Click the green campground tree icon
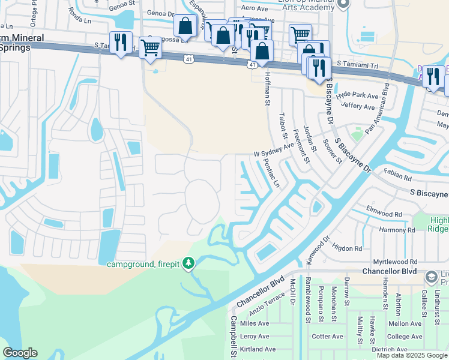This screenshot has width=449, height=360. pos(188,263)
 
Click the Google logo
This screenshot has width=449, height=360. pos(20,353)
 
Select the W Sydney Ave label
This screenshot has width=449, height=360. pos(274,149)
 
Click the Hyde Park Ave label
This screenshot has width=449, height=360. pos(357,96)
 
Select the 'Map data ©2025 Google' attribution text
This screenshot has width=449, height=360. pos(412,355)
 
